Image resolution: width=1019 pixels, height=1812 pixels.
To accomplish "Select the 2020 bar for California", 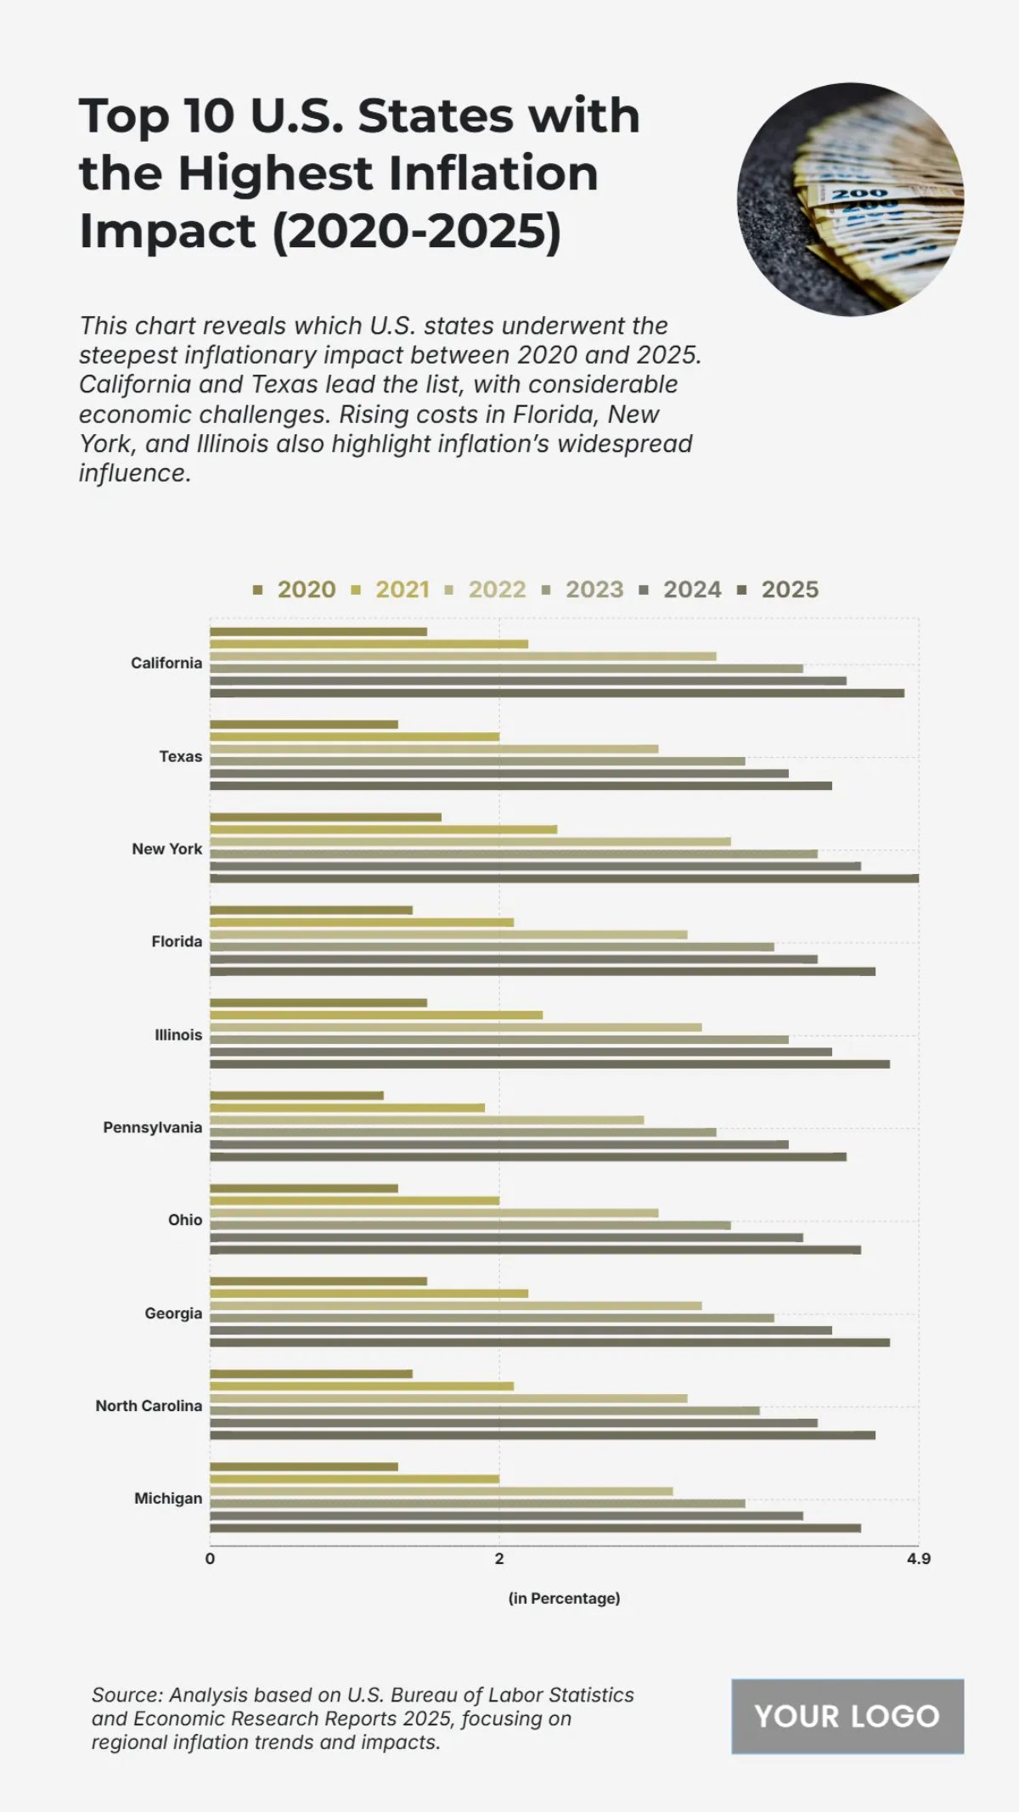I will [318, 632].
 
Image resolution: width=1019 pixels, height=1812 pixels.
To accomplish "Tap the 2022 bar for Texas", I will [434, 749].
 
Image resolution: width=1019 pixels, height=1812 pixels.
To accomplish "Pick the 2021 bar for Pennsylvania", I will [347, 1108].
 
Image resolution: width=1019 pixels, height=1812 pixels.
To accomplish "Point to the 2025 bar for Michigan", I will [535, 1528].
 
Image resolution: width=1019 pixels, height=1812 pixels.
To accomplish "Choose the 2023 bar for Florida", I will [492, 946].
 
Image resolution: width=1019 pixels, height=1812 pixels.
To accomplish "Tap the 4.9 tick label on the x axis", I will [918, 1559].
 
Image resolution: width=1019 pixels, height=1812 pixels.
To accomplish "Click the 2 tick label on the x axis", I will [499, 1559].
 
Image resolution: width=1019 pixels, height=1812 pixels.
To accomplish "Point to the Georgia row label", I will [173, 1313].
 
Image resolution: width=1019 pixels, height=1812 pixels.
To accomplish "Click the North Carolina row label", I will [149, 1406].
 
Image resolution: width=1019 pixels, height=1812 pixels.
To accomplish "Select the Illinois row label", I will [178, 1035].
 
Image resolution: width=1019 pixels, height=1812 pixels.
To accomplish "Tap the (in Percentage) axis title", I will [564, 1598].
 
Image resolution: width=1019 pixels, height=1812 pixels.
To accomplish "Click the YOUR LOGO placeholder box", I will [847, 1716].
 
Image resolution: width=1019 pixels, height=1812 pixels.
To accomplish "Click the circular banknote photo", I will [849, 200].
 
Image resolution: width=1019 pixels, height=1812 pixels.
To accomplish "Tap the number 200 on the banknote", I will [859, 195].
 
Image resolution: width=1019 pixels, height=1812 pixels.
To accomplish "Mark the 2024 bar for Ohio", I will [506, 1238].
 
